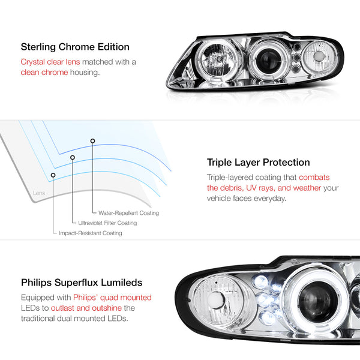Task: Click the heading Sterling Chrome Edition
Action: pyautogui.click(x=75, y=47)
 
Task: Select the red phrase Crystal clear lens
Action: pyautogui.click(x=50, y=62)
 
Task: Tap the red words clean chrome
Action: pyautogui.click(x=44, y=73)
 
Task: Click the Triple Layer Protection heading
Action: pyautogui.click(x=258, y=163)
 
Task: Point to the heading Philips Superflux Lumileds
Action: pyautogui.click(x=82, y=283)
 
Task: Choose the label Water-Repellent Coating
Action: pyautogui.click(x=128, y=213)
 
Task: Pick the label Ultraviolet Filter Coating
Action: pyautogui.click(x=107, y=223)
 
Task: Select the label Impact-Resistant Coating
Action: pyautogui.click(x=91, y=233)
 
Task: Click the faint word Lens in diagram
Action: pyautogui.click(x=39, y=193)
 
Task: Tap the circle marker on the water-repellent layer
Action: pyautogui.click(x=92, y=141)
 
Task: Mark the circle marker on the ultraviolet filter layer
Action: pyautogui.click(x=73, y=157)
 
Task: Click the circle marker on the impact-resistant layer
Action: pyautogui.click(x=53, y=175)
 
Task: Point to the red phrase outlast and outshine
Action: pyautogui.click(x=86, y=308)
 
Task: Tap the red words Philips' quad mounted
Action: pyautogui.click(x=112, y=298)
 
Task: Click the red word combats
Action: pyautogui.click(x=314, y=177)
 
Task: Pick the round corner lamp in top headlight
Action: pyautogui.click(x=319, y=56)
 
